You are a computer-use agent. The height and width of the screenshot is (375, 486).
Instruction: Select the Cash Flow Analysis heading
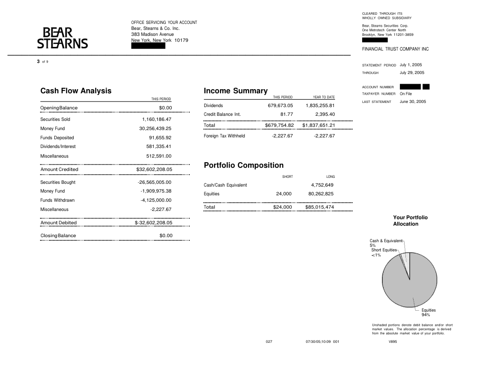point(76,91)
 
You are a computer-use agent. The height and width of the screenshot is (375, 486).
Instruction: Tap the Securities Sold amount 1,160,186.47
point(156,119)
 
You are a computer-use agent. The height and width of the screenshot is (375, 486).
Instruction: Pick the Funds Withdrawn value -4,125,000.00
point(156,200)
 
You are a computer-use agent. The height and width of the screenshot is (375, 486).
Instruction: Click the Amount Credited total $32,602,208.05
point(154,170)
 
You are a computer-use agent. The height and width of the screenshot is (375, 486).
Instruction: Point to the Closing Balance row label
point(58,236)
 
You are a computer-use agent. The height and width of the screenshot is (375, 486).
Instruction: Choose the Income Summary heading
point(236,91)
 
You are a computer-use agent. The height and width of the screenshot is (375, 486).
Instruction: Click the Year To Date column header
point(324,97)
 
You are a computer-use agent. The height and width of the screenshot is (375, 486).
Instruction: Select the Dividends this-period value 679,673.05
point(277,106)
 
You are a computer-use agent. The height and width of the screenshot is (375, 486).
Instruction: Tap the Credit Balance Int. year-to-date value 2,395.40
point(325,114)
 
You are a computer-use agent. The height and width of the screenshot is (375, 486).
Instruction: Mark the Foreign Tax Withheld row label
point(224,136)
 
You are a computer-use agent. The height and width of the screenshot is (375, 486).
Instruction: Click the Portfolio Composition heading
point(243,165)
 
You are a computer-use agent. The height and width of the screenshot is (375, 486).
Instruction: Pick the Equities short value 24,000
point(283,194)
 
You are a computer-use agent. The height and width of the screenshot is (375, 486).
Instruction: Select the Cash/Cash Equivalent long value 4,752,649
point(322,185)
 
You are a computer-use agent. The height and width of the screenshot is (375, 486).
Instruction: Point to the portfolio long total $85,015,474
point(319,207)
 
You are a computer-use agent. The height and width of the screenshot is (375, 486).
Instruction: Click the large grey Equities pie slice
point(405,285)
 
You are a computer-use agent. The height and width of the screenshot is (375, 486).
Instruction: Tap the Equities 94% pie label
point(428,312)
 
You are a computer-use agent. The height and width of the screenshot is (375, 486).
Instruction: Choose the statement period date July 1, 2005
point(411,65)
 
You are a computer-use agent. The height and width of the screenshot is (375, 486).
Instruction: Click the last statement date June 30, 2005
point(412,102)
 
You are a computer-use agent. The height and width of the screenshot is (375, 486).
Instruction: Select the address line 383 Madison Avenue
point(152,34)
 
